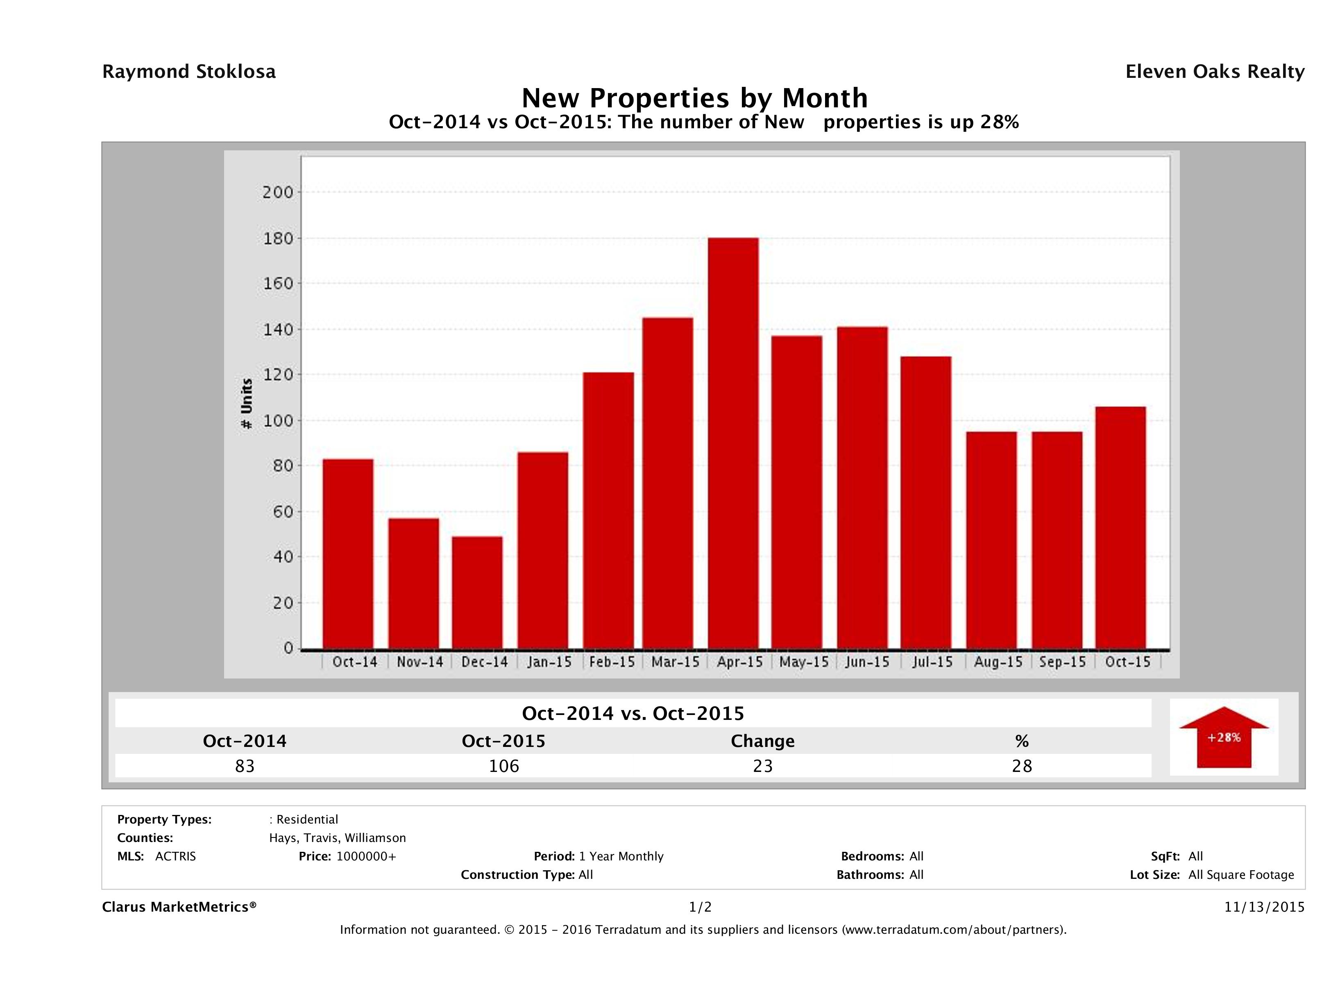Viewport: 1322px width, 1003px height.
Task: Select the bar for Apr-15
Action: [x=733, y=443]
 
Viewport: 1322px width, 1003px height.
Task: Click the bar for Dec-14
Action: [x=477, y=592]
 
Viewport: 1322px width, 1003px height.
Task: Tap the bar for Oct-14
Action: [x=348, y=554]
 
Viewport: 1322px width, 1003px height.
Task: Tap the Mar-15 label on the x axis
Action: [x=676, y=662]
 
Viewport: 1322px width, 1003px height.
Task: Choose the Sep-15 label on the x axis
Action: [x=1062, y=662]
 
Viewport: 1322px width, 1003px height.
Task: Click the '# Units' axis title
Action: [x=246, y=404]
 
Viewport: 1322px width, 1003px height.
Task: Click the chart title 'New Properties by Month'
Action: [x=694, y=98]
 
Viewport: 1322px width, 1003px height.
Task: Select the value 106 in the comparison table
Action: [x=504, y=766]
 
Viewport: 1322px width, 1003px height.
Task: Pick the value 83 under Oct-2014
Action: [x=245, y=766]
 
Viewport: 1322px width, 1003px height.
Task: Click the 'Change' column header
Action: [x=763, y=741]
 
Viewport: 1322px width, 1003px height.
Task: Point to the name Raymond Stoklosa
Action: [x=189, y=72]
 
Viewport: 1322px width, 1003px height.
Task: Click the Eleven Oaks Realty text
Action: [x=1214, y=72]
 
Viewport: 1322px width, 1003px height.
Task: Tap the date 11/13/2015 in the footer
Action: [x=1264, y=907]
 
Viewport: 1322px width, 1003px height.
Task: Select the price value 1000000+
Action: [x=366, y=856]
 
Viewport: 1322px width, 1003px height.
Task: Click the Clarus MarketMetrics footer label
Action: [x=179, y=907]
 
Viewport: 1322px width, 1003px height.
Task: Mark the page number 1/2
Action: [x=700, y=907]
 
